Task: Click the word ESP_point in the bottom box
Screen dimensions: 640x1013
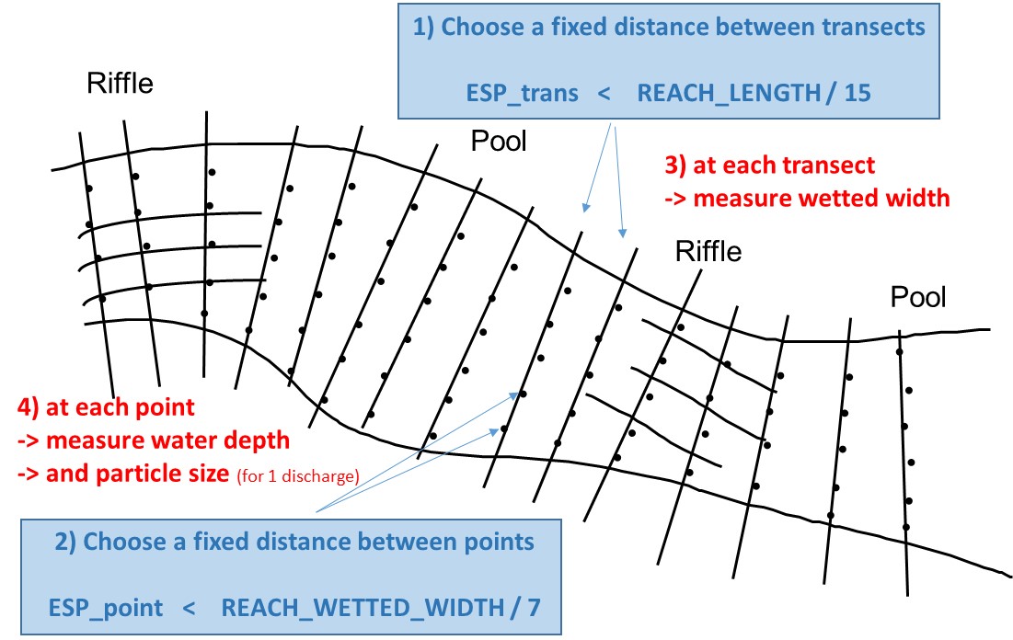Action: click(x=106, y=608)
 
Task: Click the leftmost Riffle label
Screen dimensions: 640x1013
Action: click(x=121, y=85)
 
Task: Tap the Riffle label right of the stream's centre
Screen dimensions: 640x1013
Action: click(x=708, y=251)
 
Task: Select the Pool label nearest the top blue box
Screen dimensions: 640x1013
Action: click(x=499, y=142)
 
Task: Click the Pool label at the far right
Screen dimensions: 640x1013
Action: click(x=917, y=297)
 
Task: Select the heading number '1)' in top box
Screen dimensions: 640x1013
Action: click(x=424, y=28)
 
